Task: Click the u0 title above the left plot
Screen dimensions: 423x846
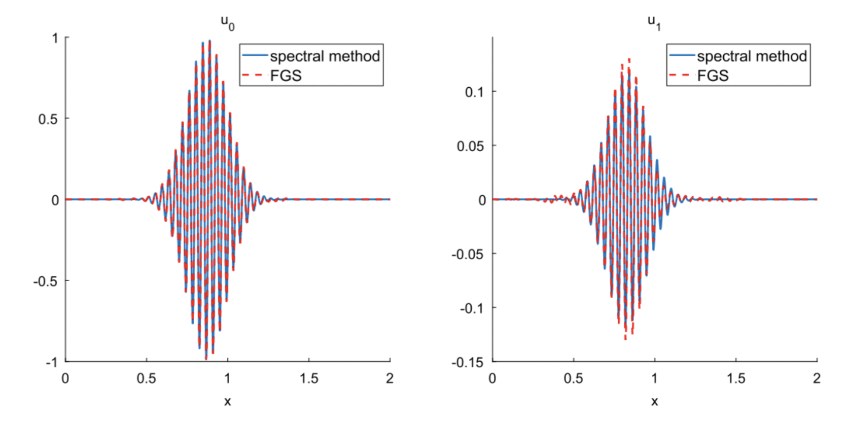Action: [x=227, y=22]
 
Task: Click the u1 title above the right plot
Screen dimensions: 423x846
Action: [x=654, y=22]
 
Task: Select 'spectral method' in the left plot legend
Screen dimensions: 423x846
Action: [x=325, y=56]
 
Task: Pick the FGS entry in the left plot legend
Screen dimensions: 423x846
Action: [x=286, y=76]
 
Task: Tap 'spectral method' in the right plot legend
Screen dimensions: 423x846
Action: [x=752, y=56]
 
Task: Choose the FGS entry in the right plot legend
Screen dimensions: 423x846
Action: [x=713, y=76]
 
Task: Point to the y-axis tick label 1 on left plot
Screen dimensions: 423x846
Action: [x=55, y=39]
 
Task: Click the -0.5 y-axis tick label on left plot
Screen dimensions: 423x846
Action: [x=46, y=281]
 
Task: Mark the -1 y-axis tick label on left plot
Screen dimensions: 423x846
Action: [x=52, y=362]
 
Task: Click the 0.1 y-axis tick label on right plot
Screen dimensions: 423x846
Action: [x=474, y=92]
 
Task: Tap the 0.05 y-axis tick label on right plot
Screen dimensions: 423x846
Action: [x=470, y=146]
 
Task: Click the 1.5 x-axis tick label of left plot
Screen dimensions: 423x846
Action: [x=308, y=378]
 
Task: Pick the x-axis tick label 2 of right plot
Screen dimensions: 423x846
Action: [x=817, y=378]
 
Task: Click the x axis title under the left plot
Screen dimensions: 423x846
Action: [x=227, y=402]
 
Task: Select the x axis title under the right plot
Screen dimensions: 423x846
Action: [x=654, y=402]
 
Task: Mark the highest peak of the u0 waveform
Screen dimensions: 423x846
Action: [x=209, y=41]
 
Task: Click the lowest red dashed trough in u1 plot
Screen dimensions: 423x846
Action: [x=625, y=338]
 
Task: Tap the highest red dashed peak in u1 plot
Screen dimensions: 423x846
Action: [x=629, y=59]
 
